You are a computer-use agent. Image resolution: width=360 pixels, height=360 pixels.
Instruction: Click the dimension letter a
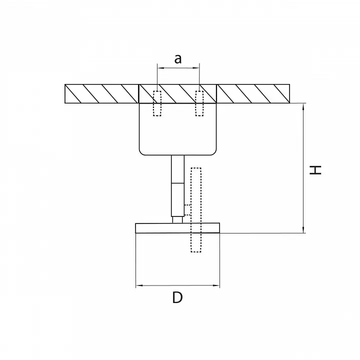(178, 59)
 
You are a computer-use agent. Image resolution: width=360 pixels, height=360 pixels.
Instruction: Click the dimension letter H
(315, 170)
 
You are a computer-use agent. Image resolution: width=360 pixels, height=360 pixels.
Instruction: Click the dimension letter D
(177, 297)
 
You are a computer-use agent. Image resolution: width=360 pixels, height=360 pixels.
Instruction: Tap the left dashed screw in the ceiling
(157, 103)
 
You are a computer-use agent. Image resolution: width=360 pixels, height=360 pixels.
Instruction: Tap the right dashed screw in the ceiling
(199, 103)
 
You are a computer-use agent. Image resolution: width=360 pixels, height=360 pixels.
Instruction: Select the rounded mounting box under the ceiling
(177, 129)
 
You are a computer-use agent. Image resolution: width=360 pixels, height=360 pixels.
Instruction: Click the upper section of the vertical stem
(177, 169)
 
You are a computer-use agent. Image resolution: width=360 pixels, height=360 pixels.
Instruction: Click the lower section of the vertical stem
(177, 199)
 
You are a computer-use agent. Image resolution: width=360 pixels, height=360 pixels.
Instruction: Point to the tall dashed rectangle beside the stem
(196, 210)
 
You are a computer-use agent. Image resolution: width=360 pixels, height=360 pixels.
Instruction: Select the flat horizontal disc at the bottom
(177, 228)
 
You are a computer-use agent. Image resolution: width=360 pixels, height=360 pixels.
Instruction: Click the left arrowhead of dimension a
(160, 67)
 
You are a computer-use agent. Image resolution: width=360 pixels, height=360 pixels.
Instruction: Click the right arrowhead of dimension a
(196, 67)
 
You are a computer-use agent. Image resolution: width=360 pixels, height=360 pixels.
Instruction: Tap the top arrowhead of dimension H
(303, 106)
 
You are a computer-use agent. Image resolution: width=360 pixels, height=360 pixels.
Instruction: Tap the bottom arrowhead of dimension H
(303, 230)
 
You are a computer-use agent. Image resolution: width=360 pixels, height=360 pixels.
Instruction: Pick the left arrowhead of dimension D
(139, 285)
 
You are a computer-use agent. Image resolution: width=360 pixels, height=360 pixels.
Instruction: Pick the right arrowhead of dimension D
(216, 285)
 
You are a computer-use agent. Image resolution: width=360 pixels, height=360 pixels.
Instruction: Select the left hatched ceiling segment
(101, 93)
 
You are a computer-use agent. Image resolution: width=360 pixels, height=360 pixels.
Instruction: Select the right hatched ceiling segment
(253, 93)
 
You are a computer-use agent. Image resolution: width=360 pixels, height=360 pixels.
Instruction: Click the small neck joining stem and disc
(177, 219)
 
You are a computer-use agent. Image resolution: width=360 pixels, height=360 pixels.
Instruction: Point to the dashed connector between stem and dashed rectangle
(187, 210)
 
